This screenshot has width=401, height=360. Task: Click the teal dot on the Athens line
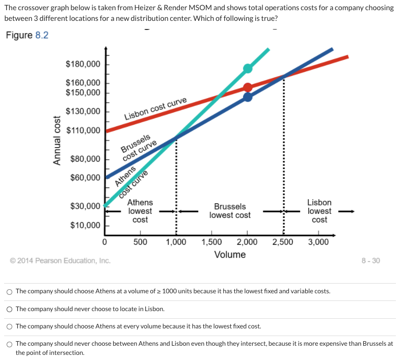pyautogui.click(x=248, y=68)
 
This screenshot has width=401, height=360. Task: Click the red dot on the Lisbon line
pyautogui.click(x=248, y=88)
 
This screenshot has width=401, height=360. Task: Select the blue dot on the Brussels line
pyautogui.click(x=248, y=97)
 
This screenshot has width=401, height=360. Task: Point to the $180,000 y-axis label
pyautogui.click(x=83, y=64)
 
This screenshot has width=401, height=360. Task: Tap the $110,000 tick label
pyautogui.click(x=83, y=131)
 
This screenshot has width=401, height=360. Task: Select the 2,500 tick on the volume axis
pyautogui.click(x=282, y=242)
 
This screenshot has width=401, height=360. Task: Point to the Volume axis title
pyautogui.click(x=230, y=255)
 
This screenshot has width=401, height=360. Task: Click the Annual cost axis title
pyautogui.click(x=58, y=140)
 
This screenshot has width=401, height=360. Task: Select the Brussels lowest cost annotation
pyautogui.click(x=230, y=211)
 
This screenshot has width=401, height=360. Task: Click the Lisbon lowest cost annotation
pyautogui.click(x=319, y=211)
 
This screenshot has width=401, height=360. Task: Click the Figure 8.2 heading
pyautogui.click(x=27, y=37)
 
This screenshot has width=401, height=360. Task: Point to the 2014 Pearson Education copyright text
pyautogui.click(x=60, y=261)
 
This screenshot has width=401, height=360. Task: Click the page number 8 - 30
pyautogui.click(x=370, y=261)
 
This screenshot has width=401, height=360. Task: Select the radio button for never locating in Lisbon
pyautogui.click(x=10, y=309)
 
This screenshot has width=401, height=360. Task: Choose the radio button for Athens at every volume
pyautogui.click(x=10, y=326)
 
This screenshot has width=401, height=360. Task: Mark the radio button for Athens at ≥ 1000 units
pyautogui.click(x=10, y=292)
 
